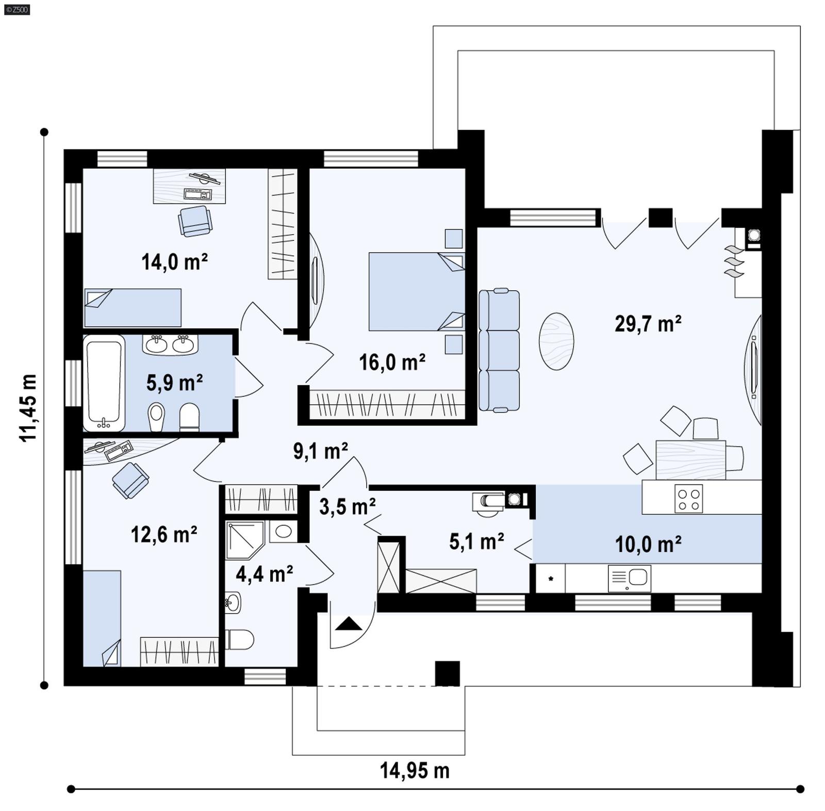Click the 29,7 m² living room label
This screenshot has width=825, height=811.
[648, 324]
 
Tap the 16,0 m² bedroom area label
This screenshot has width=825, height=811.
[392, 362]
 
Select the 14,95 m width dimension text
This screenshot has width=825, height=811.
[415, 771]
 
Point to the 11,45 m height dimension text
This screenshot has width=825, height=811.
[28, 407]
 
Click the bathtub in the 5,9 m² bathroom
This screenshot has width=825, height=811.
[104, 383]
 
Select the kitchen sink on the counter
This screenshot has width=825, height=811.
[630, 578]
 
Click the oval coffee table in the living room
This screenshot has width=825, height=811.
[556, 341]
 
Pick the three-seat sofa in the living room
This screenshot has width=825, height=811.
[499, 350]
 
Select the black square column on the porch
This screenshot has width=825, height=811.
[447, 673]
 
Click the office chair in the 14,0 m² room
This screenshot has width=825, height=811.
[195, 221]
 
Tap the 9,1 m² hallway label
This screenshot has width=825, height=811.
[320, 451]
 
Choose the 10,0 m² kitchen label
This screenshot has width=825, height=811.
[648, 544]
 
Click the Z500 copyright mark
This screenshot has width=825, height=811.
[16, 9]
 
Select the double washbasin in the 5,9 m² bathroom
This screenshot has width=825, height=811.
[170, 344]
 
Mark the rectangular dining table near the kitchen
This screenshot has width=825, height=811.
[690, 459]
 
